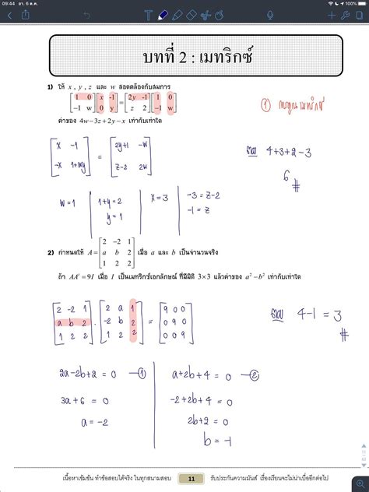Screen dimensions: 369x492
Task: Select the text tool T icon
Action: (149, 15)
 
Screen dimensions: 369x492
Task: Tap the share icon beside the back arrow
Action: (26, 15)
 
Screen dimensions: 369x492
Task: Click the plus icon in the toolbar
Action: (332, 15)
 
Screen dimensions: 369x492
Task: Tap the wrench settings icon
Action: (346, 15)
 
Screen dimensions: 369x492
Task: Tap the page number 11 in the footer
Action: (191, 477)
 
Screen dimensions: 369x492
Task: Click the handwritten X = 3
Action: (160, 199)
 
